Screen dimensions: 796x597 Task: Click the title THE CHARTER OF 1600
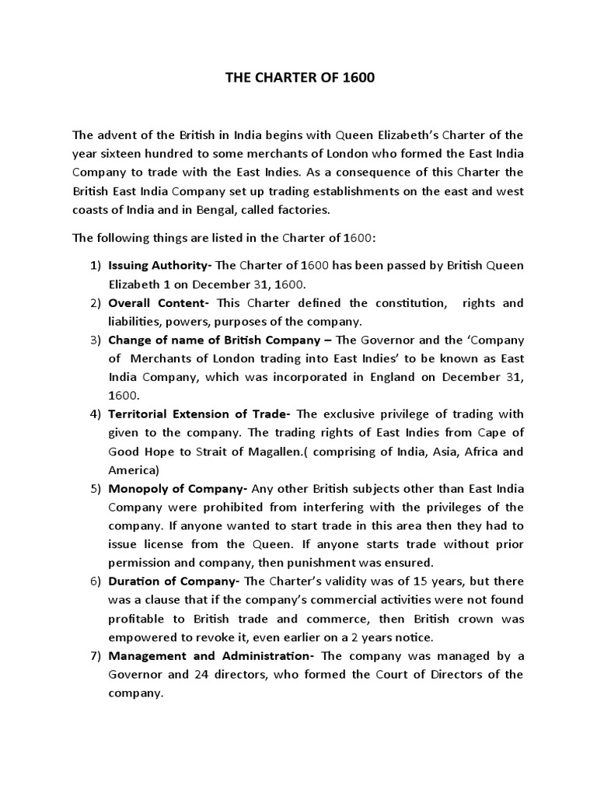tap(298, 81)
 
